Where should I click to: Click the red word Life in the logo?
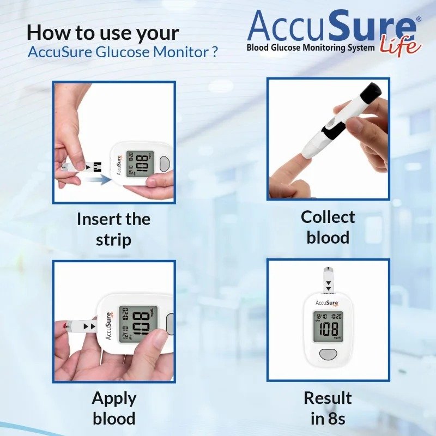(x=401, y=45)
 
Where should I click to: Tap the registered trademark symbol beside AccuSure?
(x=419, y=19)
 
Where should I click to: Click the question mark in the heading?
(x=214, y=52)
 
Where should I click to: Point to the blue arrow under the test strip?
(x=98, y=180)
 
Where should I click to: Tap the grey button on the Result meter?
(x=328, y=354)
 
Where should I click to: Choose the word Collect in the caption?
(x=328, y=217)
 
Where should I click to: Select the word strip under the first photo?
(x=113, y=240)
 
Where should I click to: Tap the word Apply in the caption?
(x=114, y=399)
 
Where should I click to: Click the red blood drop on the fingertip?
(x=65, y=326)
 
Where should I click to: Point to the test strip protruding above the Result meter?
(x=329, y=280)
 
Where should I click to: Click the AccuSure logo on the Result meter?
(x=328, y=303)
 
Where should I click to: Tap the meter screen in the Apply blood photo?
(x=138, y=324)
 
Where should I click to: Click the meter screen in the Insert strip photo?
(x=140, y=164)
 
